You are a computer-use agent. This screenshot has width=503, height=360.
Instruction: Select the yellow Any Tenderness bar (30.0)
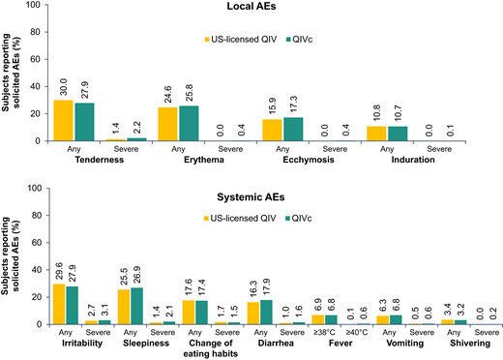point(64,120)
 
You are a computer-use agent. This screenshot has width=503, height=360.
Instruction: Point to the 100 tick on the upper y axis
point(36,5)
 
